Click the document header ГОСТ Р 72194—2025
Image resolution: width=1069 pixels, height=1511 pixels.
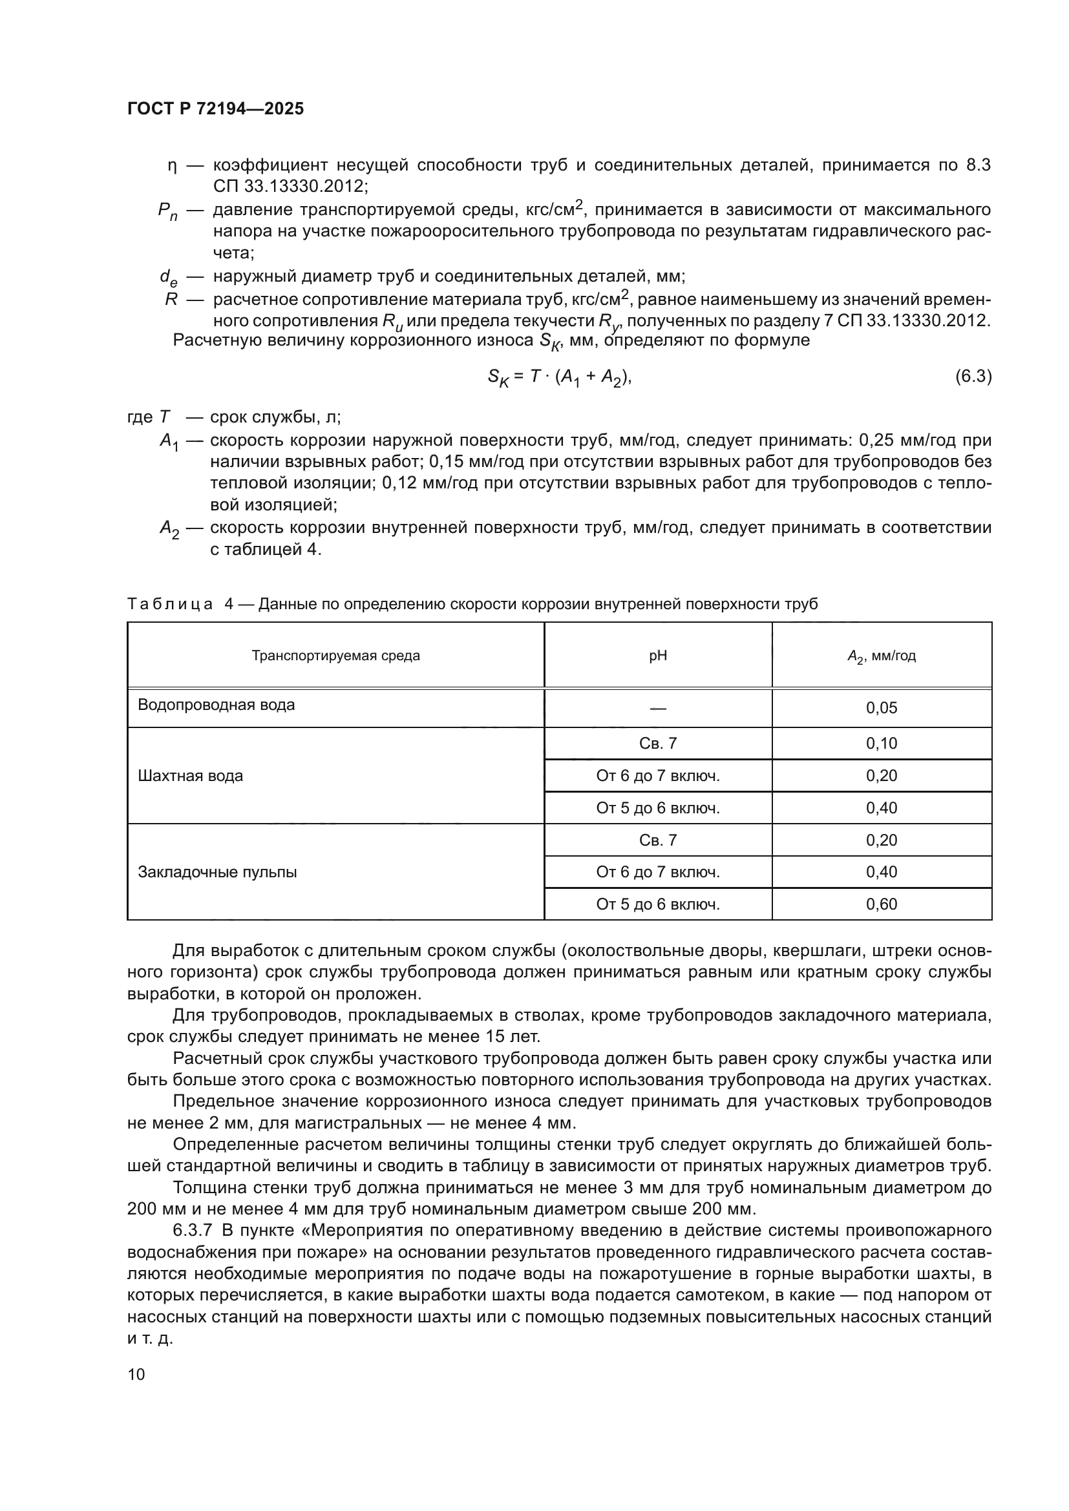point(215,109)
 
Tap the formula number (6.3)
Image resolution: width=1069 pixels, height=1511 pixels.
point(973,377)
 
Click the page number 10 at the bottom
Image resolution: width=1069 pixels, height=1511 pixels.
point(136,1374)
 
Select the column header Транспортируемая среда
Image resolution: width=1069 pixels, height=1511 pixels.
point(335,656)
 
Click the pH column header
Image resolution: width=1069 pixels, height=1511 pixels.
point(657,656)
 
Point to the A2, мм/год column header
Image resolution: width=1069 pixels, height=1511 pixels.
point(882,656)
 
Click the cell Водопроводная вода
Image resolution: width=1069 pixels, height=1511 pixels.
point(216,705)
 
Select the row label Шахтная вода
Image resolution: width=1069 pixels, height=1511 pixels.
point(190,776)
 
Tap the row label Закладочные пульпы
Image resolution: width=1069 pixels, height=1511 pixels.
point(217,872)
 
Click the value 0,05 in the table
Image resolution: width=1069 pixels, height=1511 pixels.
point(882,708)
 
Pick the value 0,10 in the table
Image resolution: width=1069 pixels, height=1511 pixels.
point(882,743)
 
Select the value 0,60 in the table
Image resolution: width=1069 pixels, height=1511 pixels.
point(882,904)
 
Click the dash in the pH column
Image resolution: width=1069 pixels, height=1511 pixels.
point(657,708)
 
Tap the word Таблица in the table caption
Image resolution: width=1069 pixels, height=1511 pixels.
point(170,603)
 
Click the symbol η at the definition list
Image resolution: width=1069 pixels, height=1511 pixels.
point(173,165)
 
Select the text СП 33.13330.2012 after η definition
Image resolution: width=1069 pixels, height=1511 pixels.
point(290,186)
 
